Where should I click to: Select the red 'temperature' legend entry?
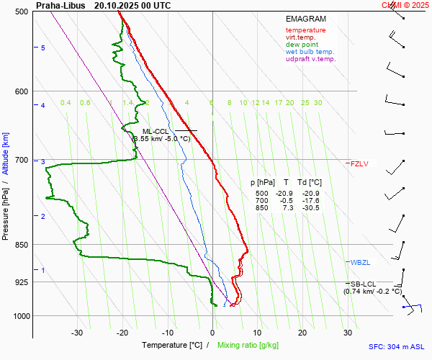305,30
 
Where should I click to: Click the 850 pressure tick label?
20,246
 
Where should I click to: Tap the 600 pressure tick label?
20,91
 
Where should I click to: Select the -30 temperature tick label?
77,333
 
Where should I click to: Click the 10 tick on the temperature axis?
257,333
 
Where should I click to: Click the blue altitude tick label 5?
43,48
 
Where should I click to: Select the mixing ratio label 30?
318,103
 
